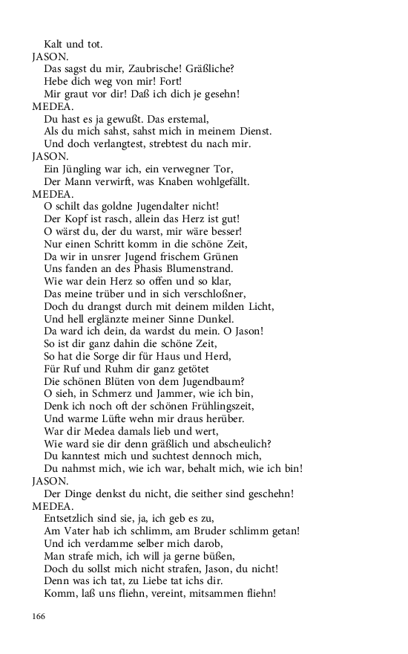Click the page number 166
coord(39,616)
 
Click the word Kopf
coord(76,219)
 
